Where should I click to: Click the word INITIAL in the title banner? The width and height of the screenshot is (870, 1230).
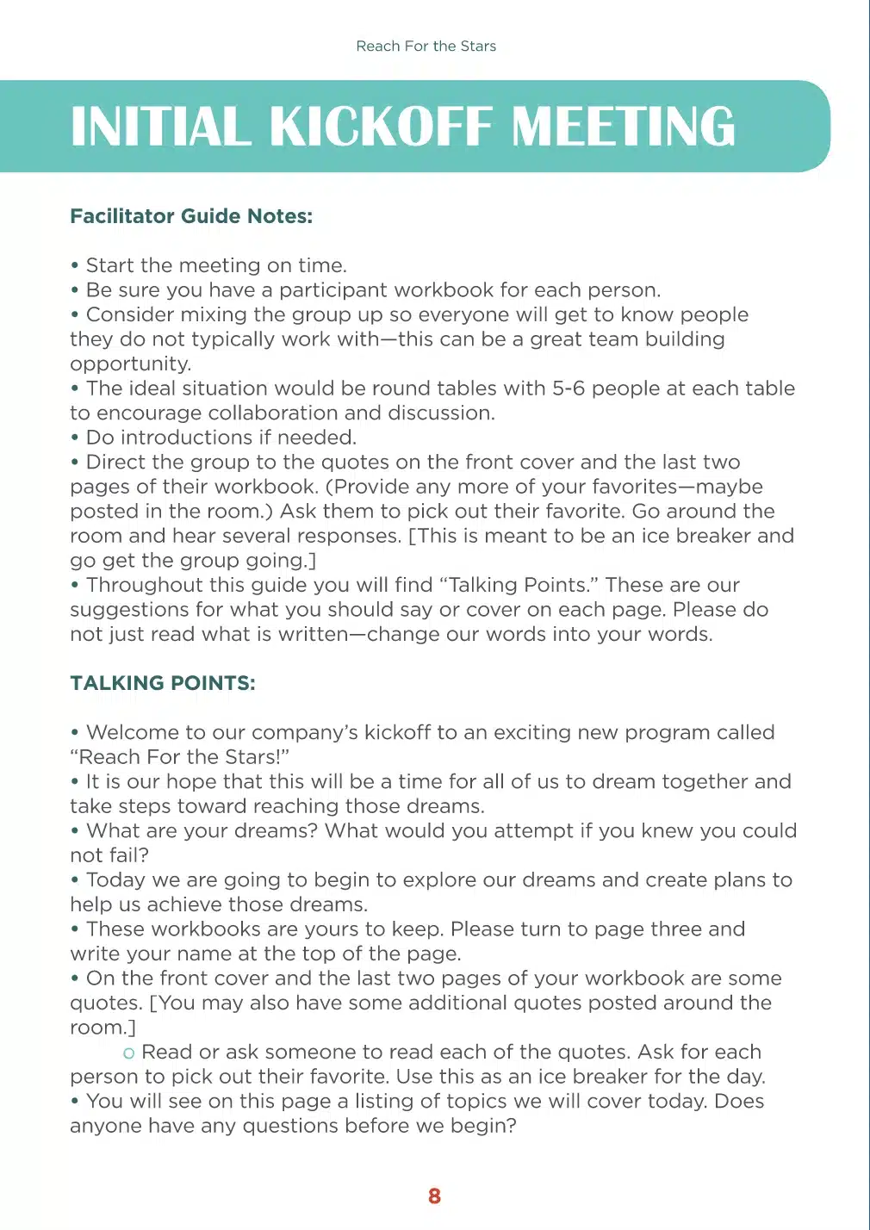161,127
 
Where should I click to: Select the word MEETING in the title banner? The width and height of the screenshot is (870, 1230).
624,127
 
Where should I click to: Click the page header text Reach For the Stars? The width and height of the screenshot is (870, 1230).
426,47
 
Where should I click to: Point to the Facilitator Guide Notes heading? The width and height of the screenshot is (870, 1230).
191,216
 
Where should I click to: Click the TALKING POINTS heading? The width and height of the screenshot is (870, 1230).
163,683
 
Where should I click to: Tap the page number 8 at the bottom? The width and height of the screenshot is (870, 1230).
434,1196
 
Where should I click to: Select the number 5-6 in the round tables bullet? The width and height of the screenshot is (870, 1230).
569,388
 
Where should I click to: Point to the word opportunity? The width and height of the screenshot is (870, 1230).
130,364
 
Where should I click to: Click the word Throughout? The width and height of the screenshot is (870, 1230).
145,585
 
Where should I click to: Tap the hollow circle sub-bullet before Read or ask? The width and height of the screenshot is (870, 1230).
129,1053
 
